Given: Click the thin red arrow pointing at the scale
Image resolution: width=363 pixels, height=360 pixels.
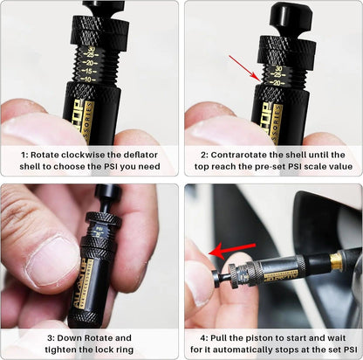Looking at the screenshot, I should click(x=245, y=66).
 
